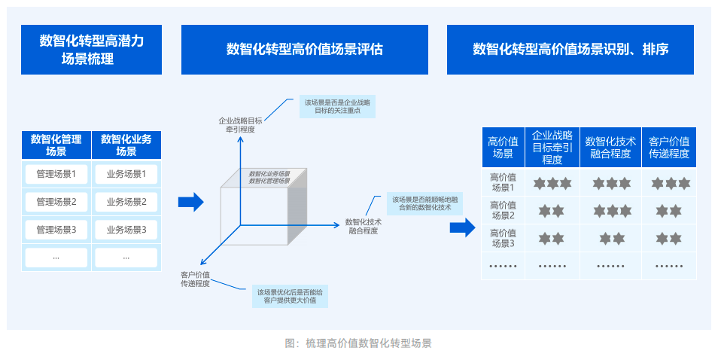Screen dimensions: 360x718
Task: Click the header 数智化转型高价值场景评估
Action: point(304,50)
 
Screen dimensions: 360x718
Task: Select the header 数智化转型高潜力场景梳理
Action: point(91,50)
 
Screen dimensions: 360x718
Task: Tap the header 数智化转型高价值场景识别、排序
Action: point(570,50)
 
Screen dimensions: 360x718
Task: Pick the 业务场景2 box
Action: point(126,202)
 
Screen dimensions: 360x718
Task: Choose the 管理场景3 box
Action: point(56,229)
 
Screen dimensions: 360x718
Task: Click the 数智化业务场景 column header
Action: point(126,145)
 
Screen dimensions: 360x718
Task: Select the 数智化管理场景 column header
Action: point(56,145)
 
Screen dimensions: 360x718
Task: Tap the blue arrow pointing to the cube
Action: point(191,202)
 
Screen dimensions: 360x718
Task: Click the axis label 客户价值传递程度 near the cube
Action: point(195,279)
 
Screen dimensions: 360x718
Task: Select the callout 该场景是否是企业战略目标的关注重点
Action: point(337,106)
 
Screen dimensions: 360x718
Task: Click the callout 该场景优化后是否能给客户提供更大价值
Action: point(290,296)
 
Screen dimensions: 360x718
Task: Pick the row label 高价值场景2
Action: point(503,210)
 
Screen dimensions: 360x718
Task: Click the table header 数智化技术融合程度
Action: point(610,147)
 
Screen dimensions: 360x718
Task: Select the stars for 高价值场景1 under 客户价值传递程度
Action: point(669,183)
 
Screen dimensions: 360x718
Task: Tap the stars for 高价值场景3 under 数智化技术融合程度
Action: point(610,239)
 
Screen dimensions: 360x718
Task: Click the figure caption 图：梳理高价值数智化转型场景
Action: point(358,343)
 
